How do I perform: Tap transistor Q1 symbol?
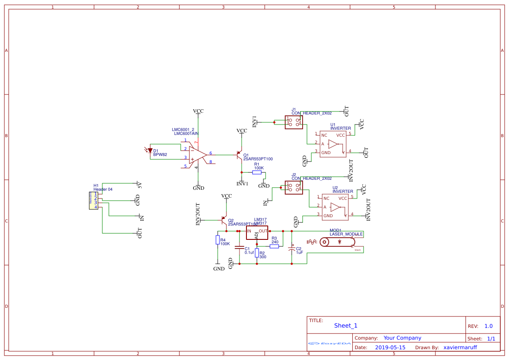(x=239, y=155)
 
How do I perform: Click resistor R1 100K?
(x=257, y=172)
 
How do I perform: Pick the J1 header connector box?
(x=293, y=122)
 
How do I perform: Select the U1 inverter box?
(x=333, y=144)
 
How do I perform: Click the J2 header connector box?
(x=293, y=188)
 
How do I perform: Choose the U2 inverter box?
(x=335, y=207)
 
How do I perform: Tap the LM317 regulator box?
(x=257, y=232)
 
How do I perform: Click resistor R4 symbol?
(x=217, y=240)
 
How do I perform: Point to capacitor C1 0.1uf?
(x=239, y=248)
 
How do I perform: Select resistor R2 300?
(x=257, y=253)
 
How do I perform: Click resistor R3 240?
(x=274, y=246)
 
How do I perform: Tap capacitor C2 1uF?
(x=292, y=249)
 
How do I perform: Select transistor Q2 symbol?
(x=224, y=220)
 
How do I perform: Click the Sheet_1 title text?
(x=346, y=326)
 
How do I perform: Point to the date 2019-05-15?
(x=390, y=347)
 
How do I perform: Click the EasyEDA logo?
(x=330, y=343)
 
